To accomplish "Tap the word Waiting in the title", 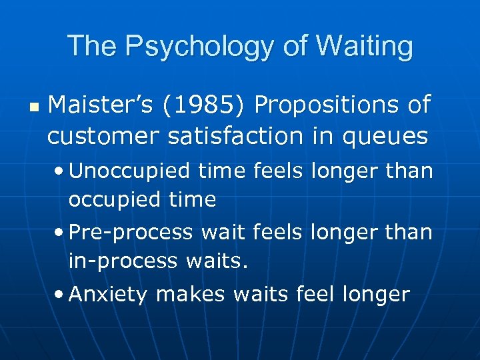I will coord(364,47).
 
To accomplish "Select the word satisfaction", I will coord(233,136).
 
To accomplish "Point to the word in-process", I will coord(123,261).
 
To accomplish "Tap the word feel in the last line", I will coord(312,294).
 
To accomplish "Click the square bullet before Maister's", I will coord(34,107).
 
